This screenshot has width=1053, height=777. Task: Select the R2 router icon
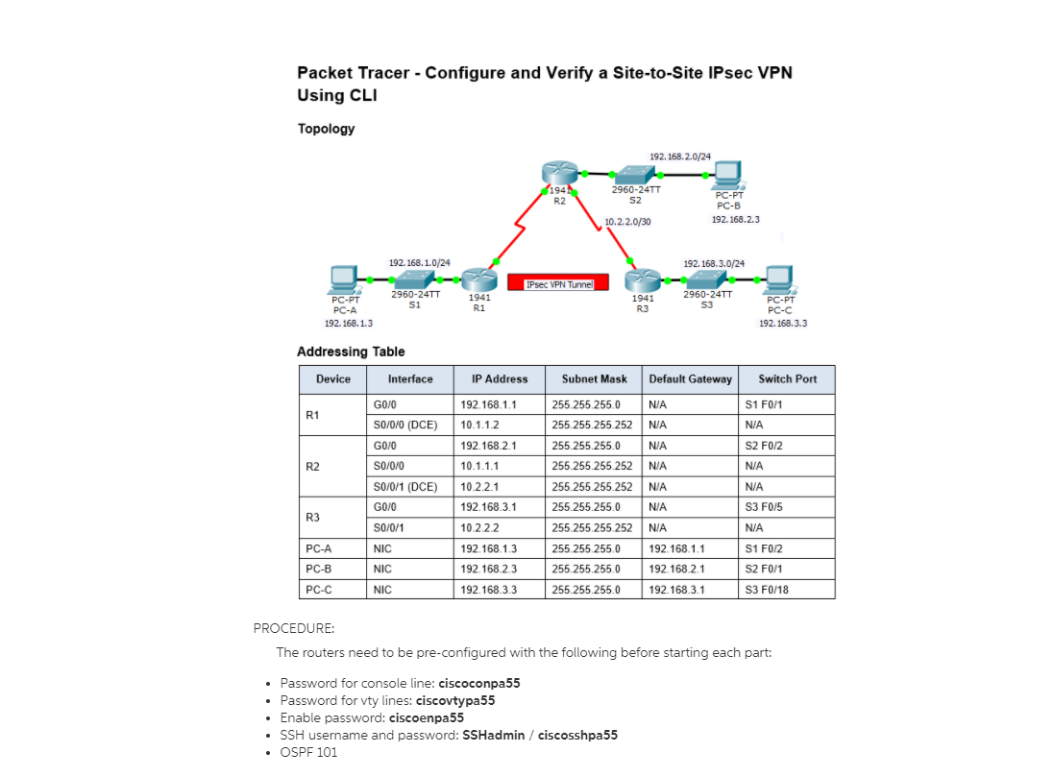556,175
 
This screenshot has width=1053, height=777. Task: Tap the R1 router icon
477,279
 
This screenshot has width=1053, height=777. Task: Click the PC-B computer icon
726,175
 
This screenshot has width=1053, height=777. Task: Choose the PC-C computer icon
779,279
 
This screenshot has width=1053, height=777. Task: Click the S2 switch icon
633,174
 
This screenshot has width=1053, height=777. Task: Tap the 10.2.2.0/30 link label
627,222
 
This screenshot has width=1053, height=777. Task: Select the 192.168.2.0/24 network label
680,156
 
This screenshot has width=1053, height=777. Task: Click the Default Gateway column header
690,379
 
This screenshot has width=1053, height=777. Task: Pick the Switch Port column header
787,379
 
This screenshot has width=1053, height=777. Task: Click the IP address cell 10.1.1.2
479,424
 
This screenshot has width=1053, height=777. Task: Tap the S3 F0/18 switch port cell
767,590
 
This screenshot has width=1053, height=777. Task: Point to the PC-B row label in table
319,569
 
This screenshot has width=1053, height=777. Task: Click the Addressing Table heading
351,352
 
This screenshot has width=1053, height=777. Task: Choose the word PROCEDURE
294,628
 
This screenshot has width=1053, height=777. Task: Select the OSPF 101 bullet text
308,752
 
